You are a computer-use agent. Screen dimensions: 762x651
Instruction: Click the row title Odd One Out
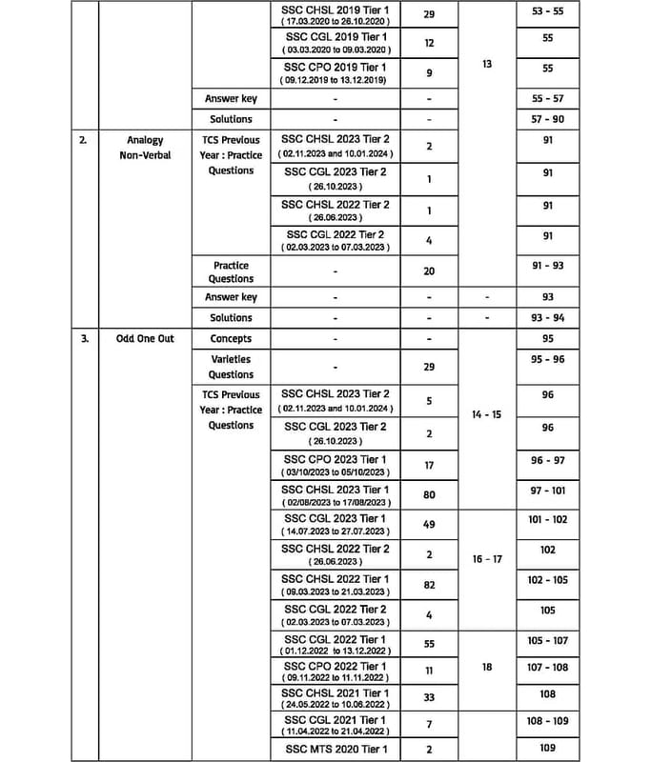(145, 338)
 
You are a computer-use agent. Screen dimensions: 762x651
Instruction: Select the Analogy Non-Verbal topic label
(145, 147)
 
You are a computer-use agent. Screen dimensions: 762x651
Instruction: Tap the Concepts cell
(231, 338)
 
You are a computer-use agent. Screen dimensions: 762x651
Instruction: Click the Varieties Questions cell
(231, 367)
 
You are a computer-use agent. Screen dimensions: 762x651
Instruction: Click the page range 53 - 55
(547, 11)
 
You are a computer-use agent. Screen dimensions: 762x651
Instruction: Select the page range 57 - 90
(547, 119)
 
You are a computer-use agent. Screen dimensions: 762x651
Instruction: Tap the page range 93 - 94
(547, 318)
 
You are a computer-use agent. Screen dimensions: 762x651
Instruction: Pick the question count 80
(429, 493)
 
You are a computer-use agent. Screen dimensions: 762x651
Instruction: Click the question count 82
(429, 585)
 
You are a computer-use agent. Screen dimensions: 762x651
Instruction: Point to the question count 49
(429, 524)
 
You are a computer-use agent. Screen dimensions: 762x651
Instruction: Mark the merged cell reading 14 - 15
(487, 415)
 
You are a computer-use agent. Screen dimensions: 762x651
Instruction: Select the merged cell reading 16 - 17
(487, 559)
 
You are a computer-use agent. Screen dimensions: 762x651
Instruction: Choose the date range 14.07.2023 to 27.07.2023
(335, 531)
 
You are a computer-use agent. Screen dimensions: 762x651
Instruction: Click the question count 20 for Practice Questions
(429, 271)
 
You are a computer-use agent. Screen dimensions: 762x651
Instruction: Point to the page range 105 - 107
(547, 641)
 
